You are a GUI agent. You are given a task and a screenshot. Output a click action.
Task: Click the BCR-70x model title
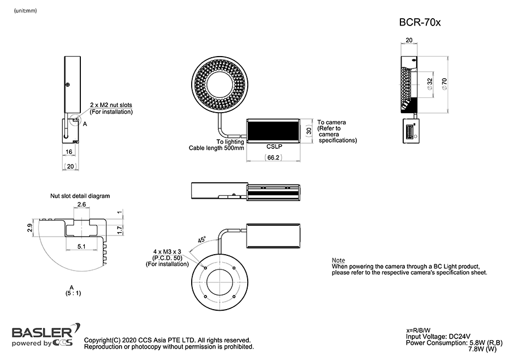pyautogui.click(x=419, y=23)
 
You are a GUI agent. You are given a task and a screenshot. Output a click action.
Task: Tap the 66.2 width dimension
pyautogui.click(x=273, y=158)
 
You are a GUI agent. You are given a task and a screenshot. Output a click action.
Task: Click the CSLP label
pyautogui.click(x=274, y=146)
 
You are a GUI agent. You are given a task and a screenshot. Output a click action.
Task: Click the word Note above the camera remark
pyautogui.click(x=338, y=260)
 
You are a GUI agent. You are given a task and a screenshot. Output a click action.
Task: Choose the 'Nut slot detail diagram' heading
pyautogui.click(x=80, y=195)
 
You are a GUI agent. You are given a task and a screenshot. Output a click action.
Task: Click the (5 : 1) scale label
pyautogui.click(x=72, y=293)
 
